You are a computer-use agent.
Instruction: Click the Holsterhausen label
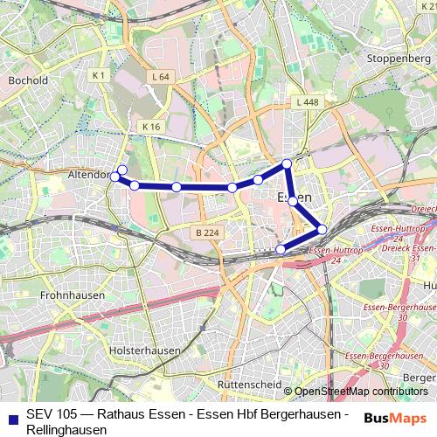(145, 350)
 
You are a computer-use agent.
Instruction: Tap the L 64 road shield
(159, 77)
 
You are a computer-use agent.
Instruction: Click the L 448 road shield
(307, 102)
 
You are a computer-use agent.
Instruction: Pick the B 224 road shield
(206, 232)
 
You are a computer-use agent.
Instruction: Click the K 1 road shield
(99, 76)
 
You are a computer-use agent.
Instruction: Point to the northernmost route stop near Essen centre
(286, 163)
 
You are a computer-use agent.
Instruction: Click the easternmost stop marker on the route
(322, 229)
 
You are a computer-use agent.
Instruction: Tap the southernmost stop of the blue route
(281, 250)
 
